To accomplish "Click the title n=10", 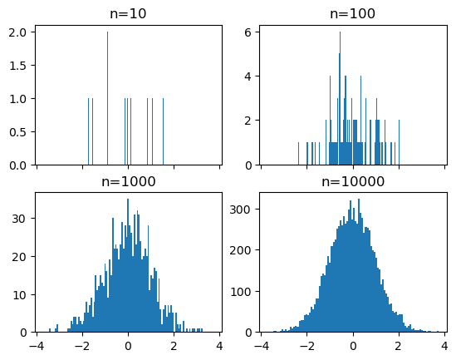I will click(x=128, y=13).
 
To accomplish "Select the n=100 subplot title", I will click(x=352, y=13).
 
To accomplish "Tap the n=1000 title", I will click(x=128, y=181).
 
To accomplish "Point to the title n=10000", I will click(x=352, y=181).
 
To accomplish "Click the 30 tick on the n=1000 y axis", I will click(x=20, y=219).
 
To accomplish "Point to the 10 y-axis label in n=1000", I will click(x=20, y=294).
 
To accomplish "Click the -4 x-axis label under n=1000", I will click(x=34, y=345).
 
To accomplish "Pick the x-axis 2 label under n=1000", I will click(x=174, y=345).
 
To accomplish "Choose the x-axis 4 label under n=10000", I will click(x=444, y=345).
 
